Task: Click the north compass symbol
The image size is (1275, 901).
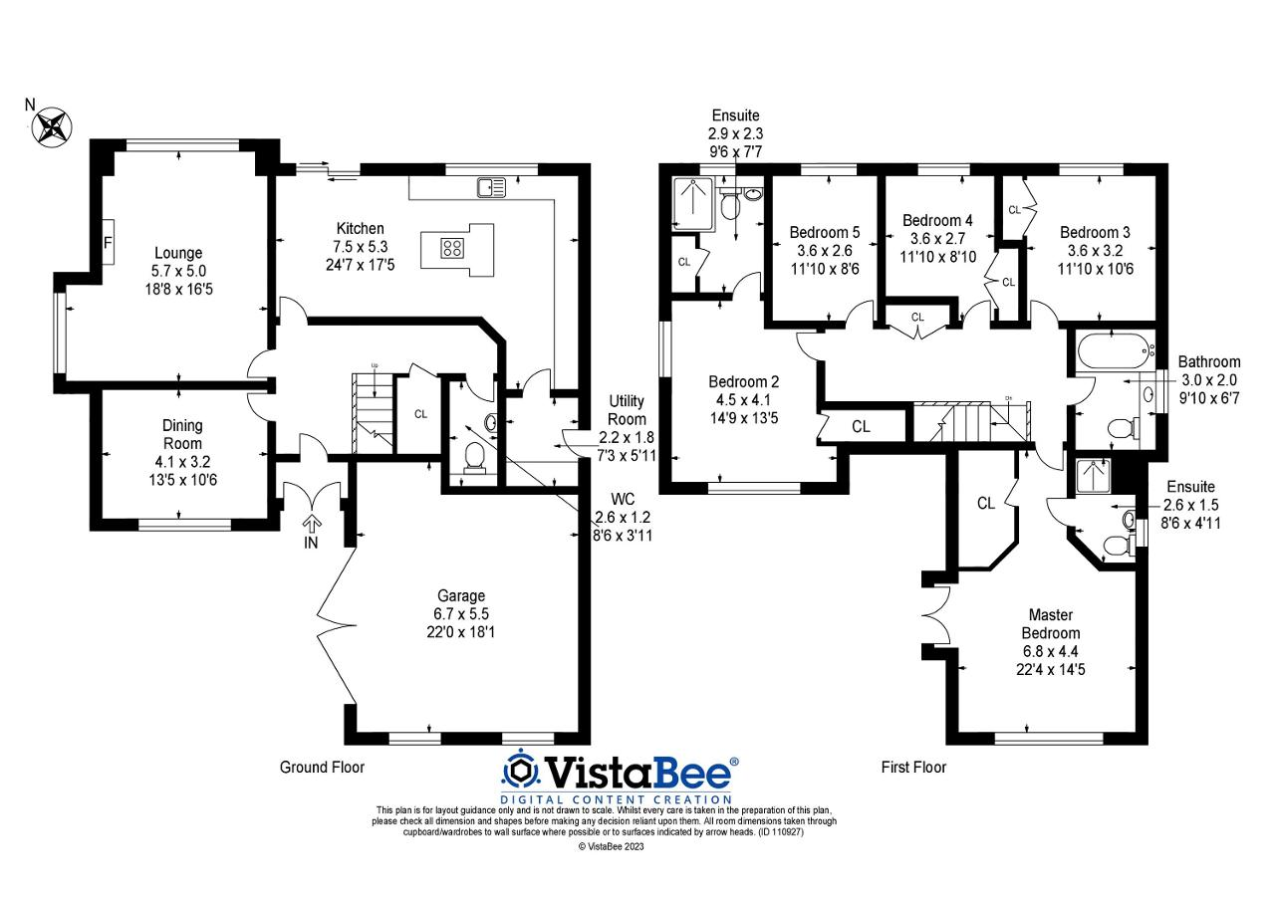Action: (x=54, y=126)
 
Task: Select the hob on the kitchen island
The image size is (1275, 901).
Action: (x=452, y=249)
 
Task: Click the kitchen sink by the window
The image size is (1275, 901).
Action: (x=491, y=186)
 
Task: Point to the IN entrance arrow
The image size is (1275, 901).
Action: (x=312, y=524)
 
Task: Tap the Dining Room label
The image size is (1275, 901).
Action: (x=182, y=434)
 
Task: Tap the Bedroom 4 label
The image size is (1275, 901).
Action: (x=937, y=220)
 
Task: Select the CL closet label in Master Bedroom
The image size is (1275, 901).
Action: (x=985, y=504)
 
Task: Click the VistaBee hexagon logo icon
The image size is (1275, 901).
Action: (x=519, y=772)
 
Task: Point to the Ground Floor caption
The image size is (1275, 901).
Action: (x=322, y=768)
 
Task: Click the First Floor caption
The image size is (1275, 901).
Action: (x=913, y=768)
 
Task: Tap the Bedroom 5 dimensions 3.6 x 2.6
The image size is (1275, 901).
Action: (x=824, y=250)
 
